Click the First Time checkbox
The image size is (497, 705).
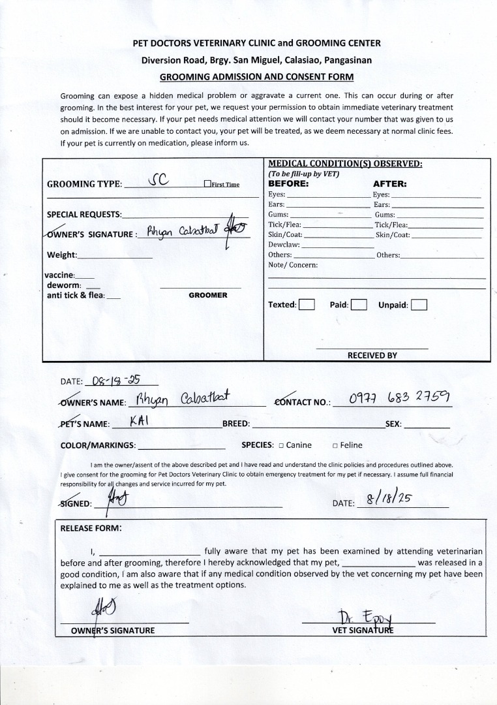point(207,184)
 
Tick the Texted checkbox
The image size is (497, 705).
point(307,304)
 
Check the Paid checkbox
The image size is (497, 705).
point(359,304)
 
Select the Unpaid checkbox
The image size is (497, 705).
point(419,304)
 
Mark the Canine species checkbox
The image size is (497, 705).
point(281,445)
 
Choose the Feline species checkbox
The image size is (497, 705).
point(335,445)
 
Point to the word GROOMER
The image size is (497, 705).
point(208,295)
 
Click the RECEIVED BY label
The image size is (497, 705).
point(372,356)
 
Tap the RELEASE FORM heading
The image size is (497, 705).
point(91,528)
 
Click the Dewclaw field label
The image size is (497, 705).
point(284,245)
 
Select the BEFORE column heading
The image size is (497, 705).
point(289,184)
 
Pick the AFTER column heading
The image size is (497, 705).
point(389,184)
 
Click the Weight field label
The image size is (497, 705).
point(62,255)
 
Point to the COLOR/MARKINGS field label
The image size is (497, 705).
point(98,445)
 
